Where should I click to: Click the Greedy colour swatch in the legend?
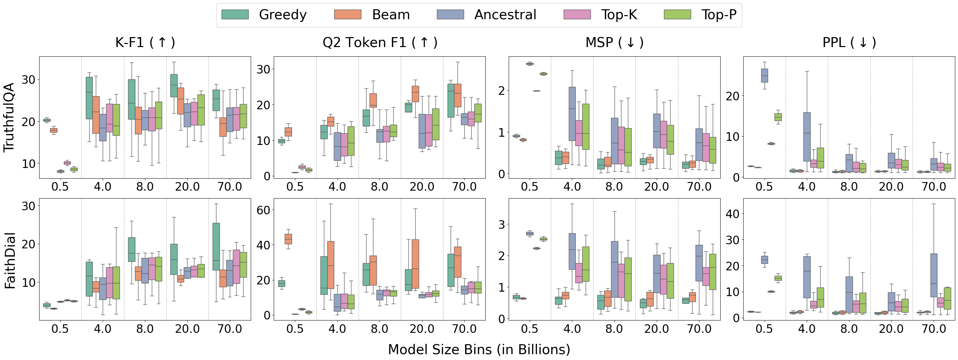(x=235, y=14)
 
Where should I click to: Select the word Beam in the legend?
(x=391, y=14)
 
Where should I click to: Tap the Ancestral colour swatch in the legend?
(x=450, y=14)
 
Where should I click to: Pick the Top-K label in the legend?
(x=619, y=14)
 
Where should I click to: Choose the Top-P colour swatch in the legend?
(x=677, y=14)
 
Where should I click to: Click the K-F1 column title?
(x=145, y=42)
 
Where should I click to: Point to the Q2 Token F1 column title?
(x=380, y=42)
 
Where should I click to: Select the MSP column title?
(x=615, y=42)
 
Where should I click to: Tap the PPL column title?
(x=849, y=42)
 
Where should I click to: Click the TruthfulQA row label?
(x=9, y=117)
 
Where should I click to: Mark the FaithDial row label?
(x=10, y=260)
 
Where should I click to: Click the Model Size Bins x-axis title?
(x=479, y=350)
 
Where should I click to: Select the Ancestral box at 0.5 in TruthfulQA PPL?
(x=765, y=76)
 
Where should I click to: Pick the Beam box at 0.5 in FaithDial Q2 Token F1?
(x=288, y=239)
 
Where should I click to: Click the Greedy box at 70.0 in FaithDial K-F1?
(x=216, y=247)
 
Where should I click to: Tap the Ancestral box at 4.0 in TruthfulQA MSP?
(x=572, y=114)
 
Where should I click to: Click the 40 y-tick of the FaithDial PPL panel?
(x=732, y=214)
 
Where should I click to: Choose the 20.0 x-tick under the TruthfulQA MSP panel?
(x=656, y=186)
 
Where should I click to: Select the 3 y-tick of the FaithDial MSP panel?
(x=502, y=224)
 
